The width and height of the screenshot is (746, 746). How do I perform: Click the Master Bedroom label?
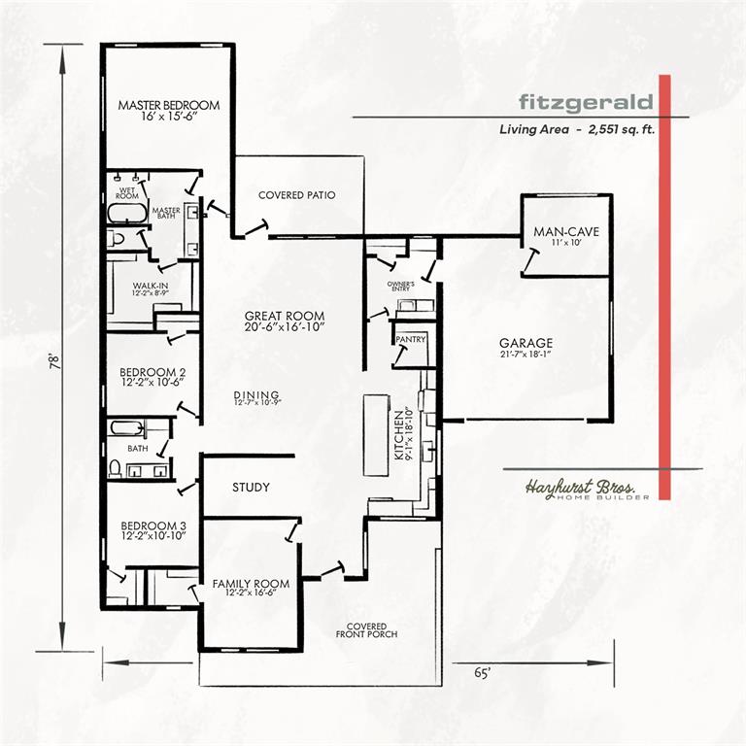tap(169, 105)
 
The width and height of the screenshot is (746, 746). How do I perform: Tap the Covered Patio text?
tap(297, 195)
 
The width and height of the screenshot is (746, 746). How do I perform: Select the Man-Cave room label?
tap(566, 232)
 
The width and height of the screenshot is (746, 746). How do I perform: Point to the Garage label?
tap(526, 343)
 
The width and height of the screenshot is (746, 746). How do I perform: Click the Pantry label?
tap(411, 339)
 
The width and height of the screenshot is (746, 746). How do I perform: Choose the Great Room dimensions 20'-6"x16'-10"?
tap(285, 326)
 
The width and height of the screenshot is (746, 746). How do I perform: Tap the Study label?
tap(251, 488)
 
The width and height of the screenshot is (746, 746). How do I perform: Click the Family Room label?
tap(251, 583)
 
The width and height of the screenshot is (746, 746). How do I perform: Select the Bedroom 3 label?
tap(153, 526)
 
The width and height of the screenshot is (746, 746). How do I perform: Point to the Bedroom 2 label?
tap(153, 372)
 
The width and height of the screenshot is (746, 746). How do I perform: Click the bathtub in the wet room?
tap(127, 213)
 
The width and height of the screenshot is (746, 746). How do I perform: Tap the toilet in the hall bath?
tap(115, 468)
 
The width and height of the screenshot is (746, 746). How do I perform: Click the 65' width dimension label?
tap(482, 673)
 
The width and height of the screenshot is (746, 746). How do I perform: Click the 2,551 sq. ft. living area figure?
tap(622, 129)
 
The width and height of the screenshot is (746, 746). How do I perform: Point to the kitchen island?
tap(376, 435)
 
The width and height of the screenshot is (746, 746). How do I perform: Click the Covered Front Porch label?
tap(366, 629)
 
